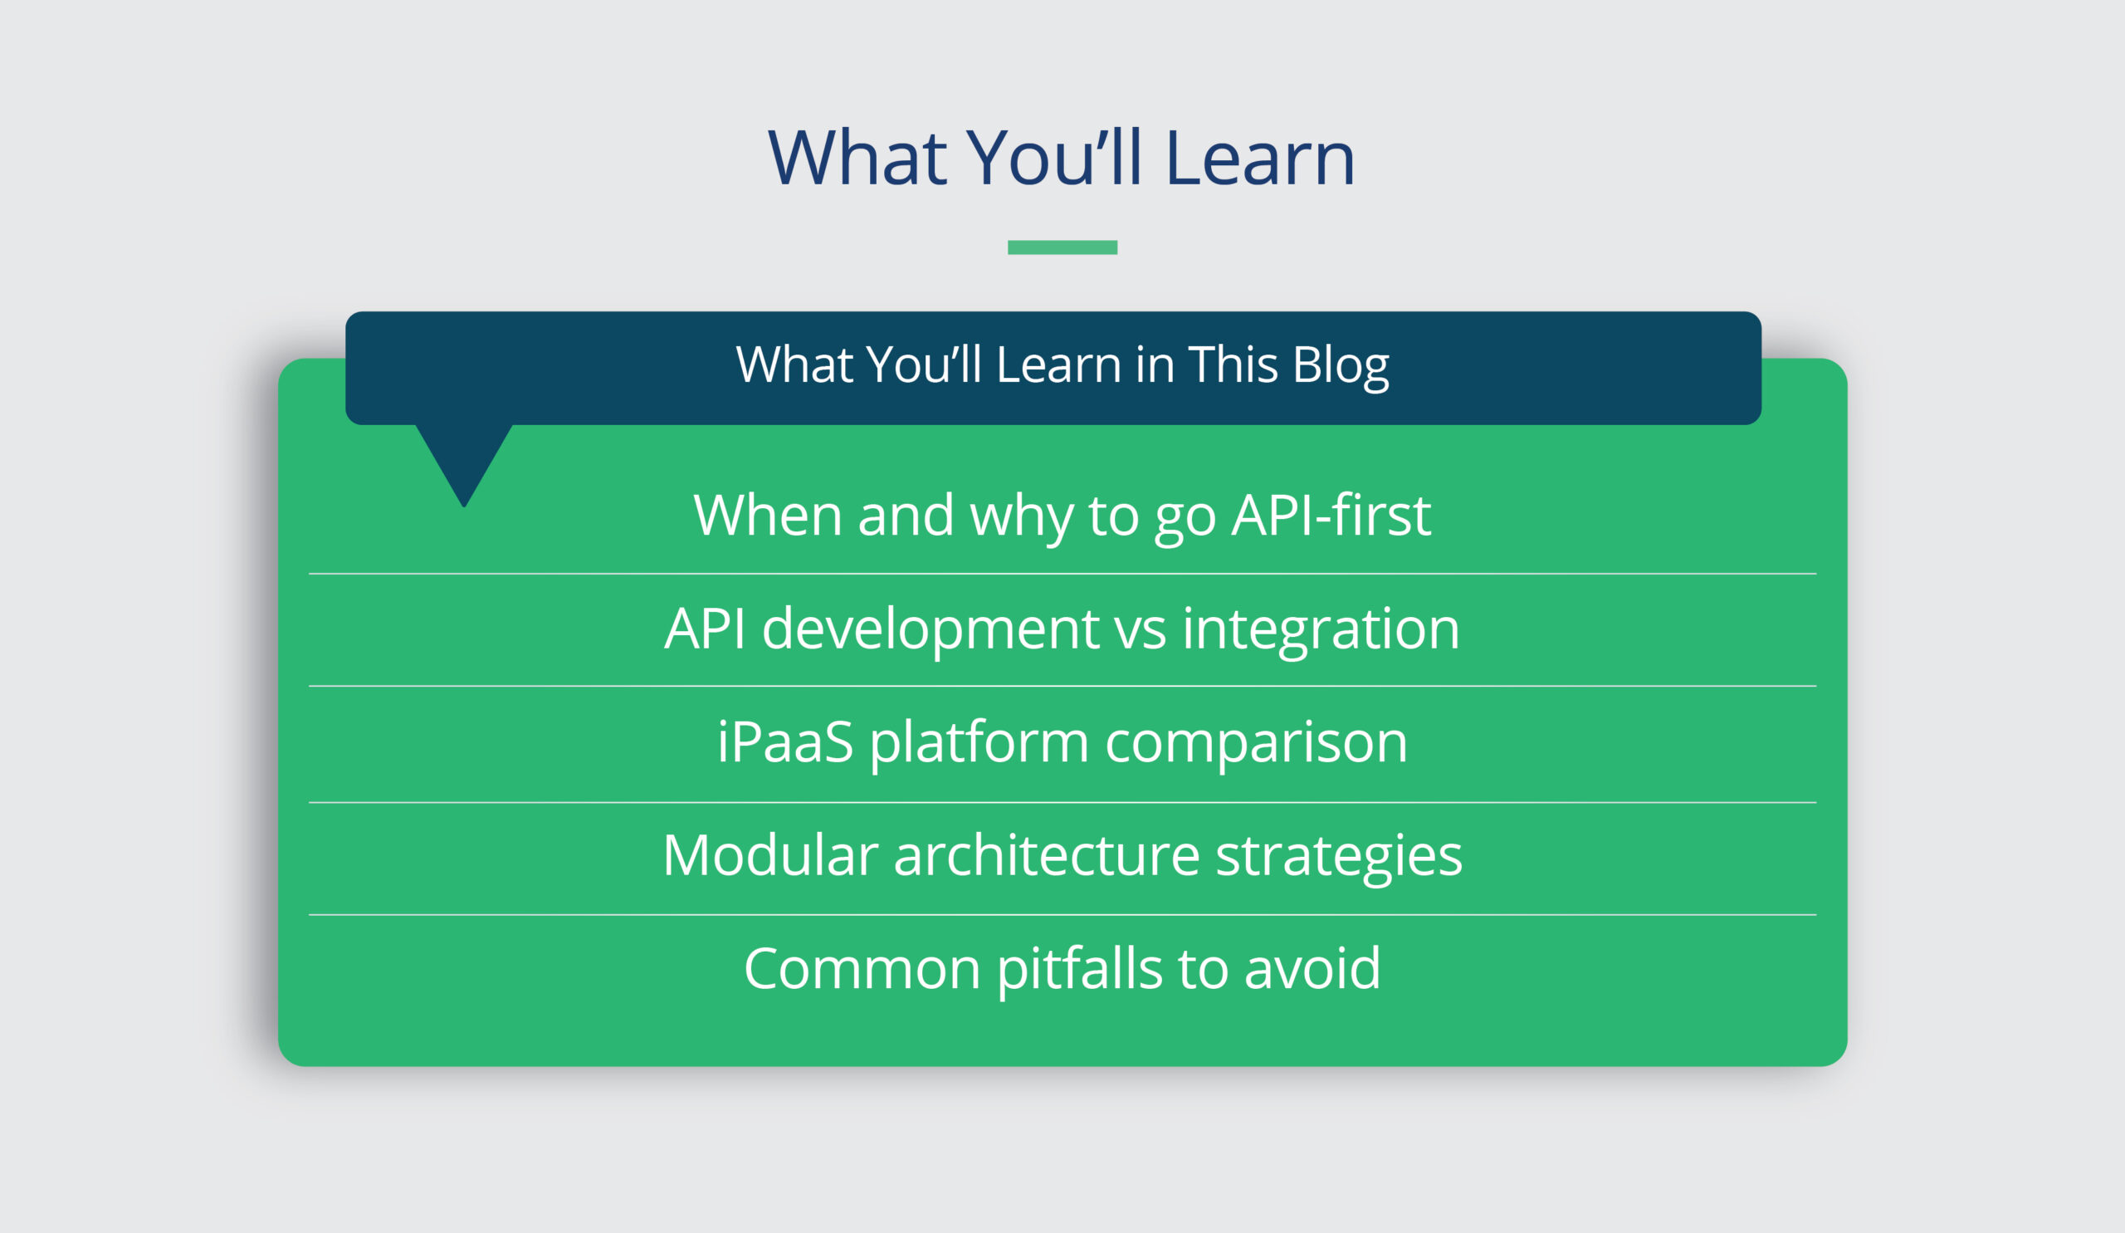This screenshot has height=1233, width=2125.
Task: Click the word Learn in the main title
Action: click(x=1260, y=159)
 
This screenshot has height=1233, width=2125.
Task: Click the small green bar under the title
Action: click(x=1062, y=247)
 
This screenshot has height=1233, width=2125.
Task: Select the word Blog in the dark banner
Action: click(x=1340, y=365)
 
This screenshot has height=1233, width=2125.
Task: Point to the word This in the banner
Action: click(x=1232, y=365)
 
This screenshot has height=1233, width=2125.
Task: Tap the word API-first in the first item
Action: click(x=1331, y=516)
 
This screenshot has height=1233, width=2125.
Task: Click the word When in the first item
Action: click(x=767, y=516)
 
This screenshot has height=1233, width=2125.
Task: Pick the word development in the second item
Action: click(x=931, y=630)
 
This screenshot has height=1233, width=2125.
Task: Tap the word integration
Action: click(x=1321, y=630)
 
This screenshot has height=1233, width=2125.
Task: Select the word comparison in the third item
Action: click(x=1256, y=743)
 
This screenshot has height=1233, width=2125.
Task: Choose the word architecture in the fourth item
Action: click(x=1046, y=855)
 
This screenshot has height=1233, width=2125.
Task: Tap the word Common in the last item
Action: click(x=861, y=968)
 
